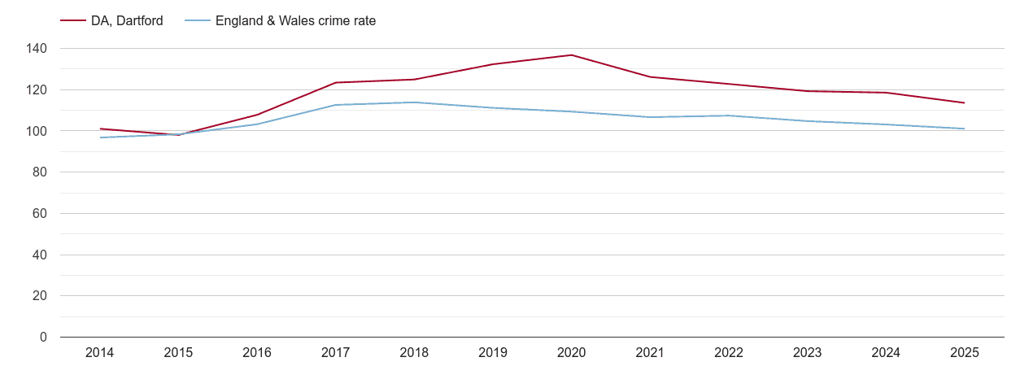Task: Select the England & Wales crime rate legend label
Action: [x=295, y=21]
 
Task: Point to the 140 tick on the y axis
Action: [x=37, y=49]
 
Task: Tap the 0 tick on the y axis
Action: [x=43, y=337]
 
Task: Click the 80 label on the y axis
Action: [x=40, y=172]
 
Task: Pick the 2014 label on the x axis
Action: [x=100, y=353]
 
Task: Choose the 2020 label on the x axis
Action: [x=571, y=353]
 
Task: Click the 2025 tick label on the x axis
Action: [x=964, y=353]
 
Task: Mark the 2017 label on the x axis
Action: [x=335, y=353]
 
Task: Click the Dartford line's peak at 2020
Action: [x=571, y=55]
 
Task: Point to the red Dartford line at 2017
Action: [x=335, y=82]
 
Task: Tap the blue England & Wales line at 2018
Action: [x=414, y=102]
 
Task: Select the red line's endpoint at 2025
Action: [x=964, y=102]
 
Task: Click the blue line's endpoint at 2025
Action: [x=964, y=129]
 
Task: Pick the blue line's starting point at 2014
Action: [x=100, y=137]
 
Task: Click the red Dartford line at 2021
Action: [x=650, y=77]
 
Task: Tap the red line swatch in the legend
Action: [x=73, y=21]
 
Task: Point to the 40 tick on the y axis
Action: [x=40, y=255]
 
